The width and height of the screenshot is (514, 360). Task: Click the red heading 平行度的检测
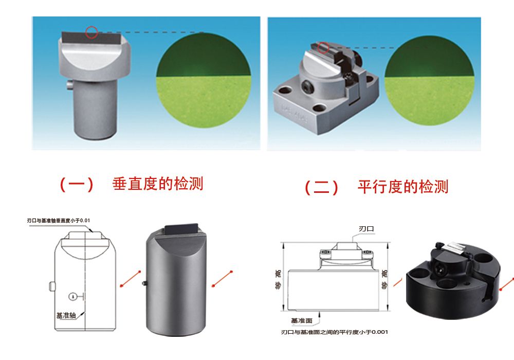(402, 187)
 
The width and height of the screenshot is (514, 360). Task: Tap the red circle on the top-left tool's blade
(91, 32)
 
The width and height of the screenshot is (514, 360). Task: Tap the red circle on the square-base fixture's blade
(323, 48)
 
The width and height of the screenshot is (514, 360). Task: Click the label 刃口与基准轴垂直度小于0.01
(59, 221)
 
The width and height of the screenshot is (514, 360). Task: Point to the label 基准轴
(66, 315)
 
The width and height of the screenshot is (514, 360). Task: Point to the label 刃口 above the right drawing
(365, 228)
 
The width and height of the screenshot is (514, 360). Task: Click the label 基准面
(302, 320)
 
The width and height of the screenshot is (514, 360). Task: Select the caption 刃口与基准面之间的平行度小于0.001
(334, 332)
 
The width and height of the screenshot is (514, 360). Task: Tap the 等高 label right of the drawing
(383, 280)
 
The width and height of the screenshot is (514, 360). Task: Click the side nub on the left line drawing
(51, 285)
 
